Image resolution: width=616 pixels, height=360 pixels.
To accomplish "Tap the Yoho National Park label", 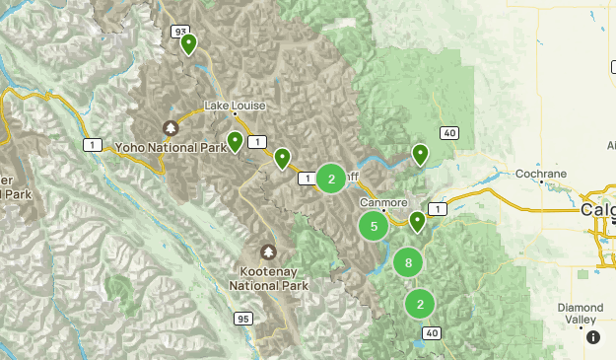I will (171, 148).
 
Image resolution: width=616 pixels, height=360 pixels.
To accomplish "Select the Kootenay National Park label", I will (268, 277).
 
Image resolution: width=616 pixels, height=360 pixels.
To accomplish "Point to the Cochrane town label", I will (541, 175).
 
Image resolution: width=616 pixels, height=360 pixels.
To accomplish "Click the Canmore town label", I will (383, 202).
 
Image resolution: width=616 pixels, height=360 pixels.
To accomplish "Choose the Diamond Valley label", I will (580, 313).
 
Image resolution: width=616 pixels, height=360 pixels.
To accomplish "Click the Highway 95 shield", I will (242, 318).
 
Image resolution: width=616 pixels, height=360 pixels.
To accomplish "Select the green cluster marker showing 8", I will (408, 262).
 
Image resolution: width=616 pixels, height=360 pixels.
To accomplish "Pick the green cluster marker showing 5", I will (374, 227).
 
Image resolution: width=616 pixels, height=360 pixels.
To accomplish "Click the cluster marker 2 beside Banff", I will (332, 179).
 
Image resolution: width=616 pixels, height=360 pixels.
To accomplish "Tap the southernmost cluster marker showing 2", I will (421, 304).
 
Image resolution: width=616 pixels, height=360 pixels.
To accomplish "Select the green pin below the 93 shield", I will (187, 43).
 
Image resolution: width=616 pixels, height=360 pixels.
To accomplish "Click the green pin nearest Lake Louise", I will (236, 141).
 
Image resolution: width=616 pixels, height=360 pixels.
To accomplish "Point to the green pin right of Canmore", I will (418, 220).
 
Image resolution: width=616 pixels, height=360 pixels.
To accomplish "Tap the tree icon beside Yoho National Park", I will (170, 128).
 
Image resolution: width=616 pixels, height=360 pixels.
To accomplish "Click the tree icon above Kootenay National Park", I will (268, 252).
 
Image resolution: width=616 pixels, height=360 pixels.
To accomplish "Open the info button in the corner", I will (593, 337).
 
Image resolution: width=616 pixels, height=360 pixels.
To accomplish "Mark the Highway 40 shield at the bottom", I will (431, 334).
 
